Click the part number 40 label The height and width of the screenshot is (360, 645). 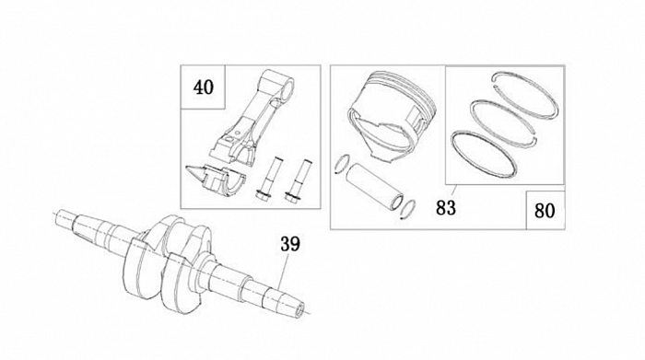point(204,87)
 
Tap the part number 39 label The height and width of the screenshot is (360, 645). point(290,244)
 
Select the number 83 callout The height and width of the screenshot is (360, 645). point(446,208)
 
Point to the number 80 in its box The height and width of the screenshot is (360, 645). point(545,211)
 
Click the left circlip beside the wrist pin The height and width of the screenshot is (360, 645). point(343,165)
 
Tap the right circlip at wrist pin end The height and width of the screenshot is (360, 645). point(408,210)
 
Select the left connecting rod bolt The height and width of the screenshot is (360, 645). point(267,179)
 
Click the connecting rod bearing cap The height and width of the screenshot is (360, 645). point(216,180)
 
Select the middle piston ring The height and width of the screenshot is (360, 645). point(503,122)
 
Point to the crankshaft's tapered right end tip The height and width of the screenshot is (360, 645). point(299,309)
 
